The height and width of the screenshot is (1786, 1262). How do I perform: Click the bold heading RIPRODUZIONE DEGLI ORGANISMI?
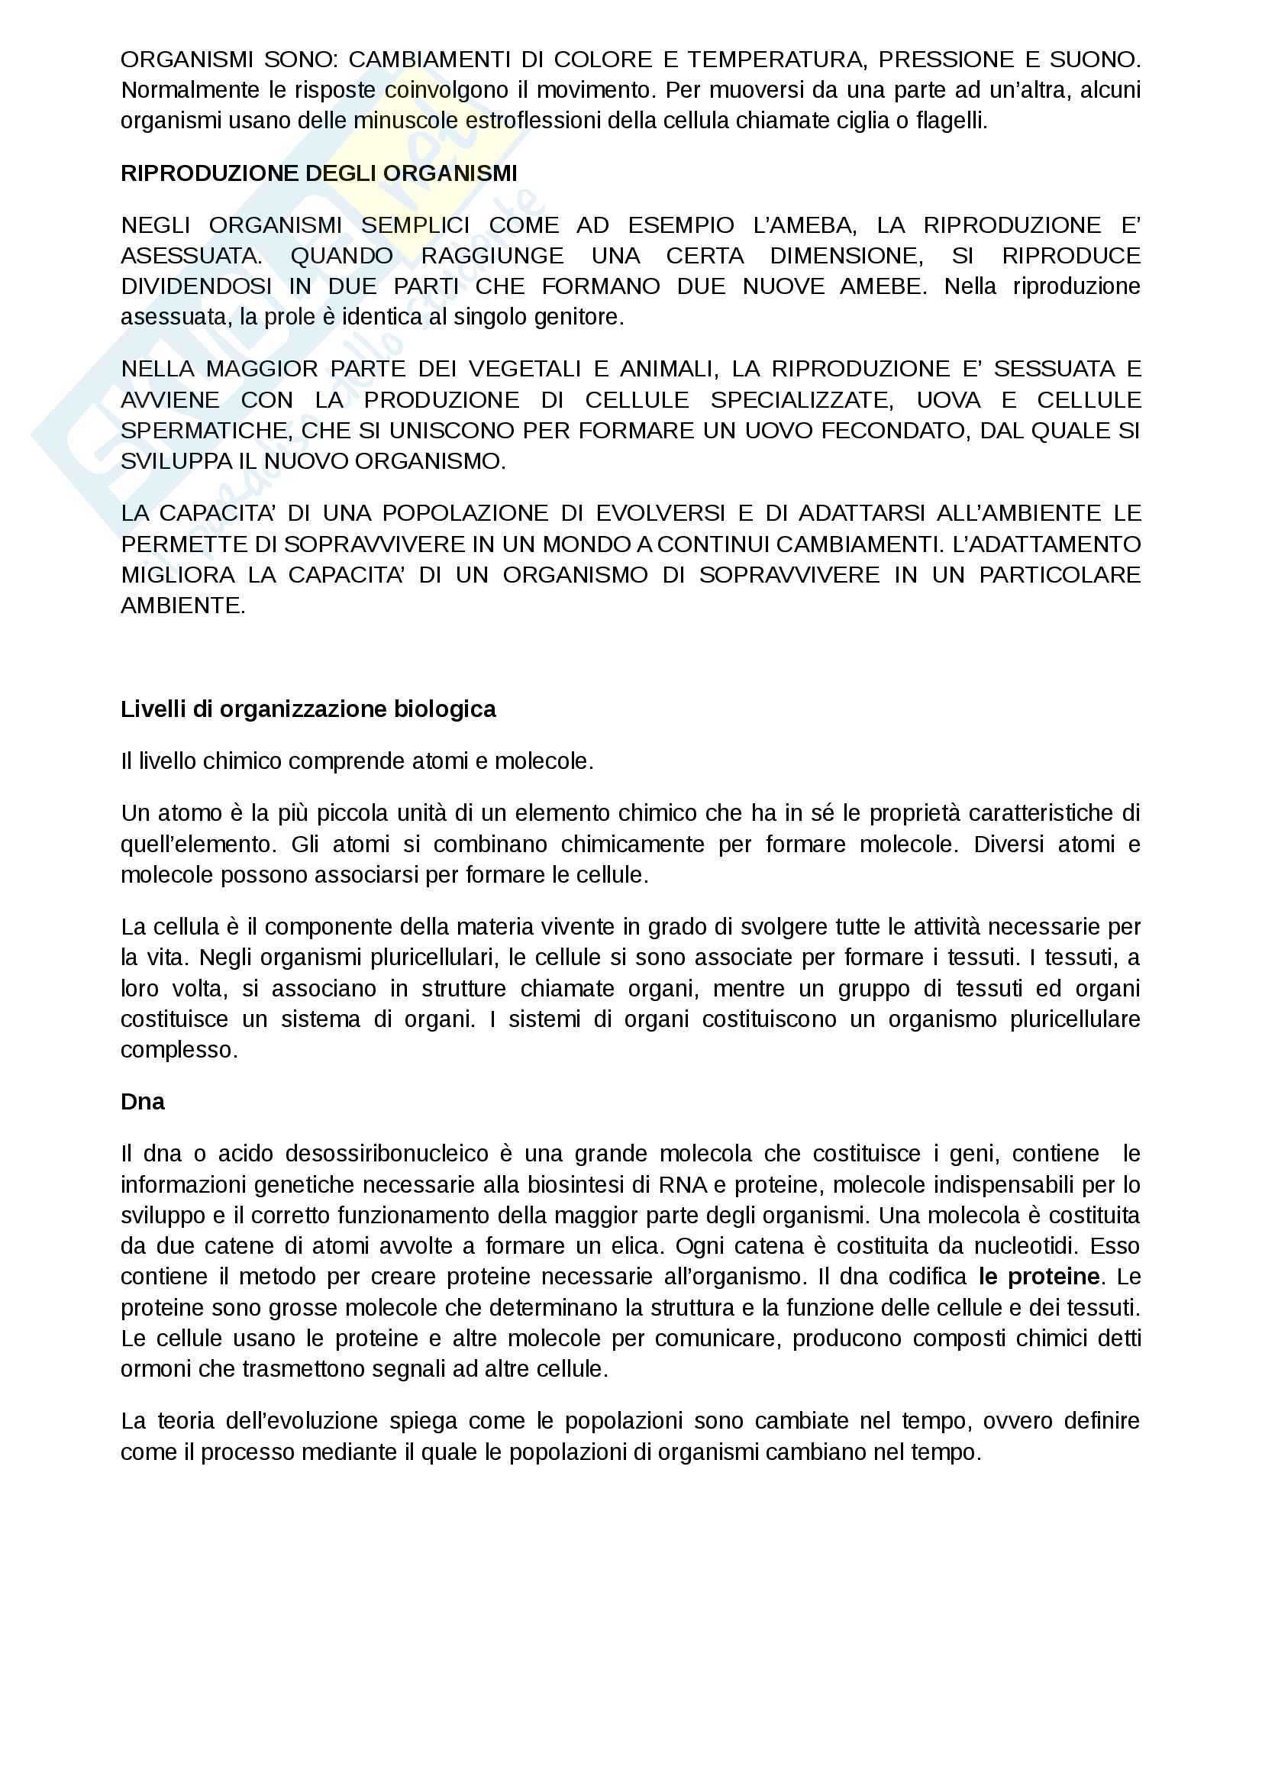(x=319, y=173)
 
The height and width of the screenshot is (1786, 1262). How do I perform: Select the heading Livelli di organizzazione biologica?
(x=308, y=709)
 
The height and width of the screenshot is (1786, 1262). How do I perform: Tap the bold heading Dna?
(x=142, y=1102)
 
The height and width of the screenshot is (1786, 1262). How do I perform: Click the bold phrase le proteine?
(x=1039, y=1277)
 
